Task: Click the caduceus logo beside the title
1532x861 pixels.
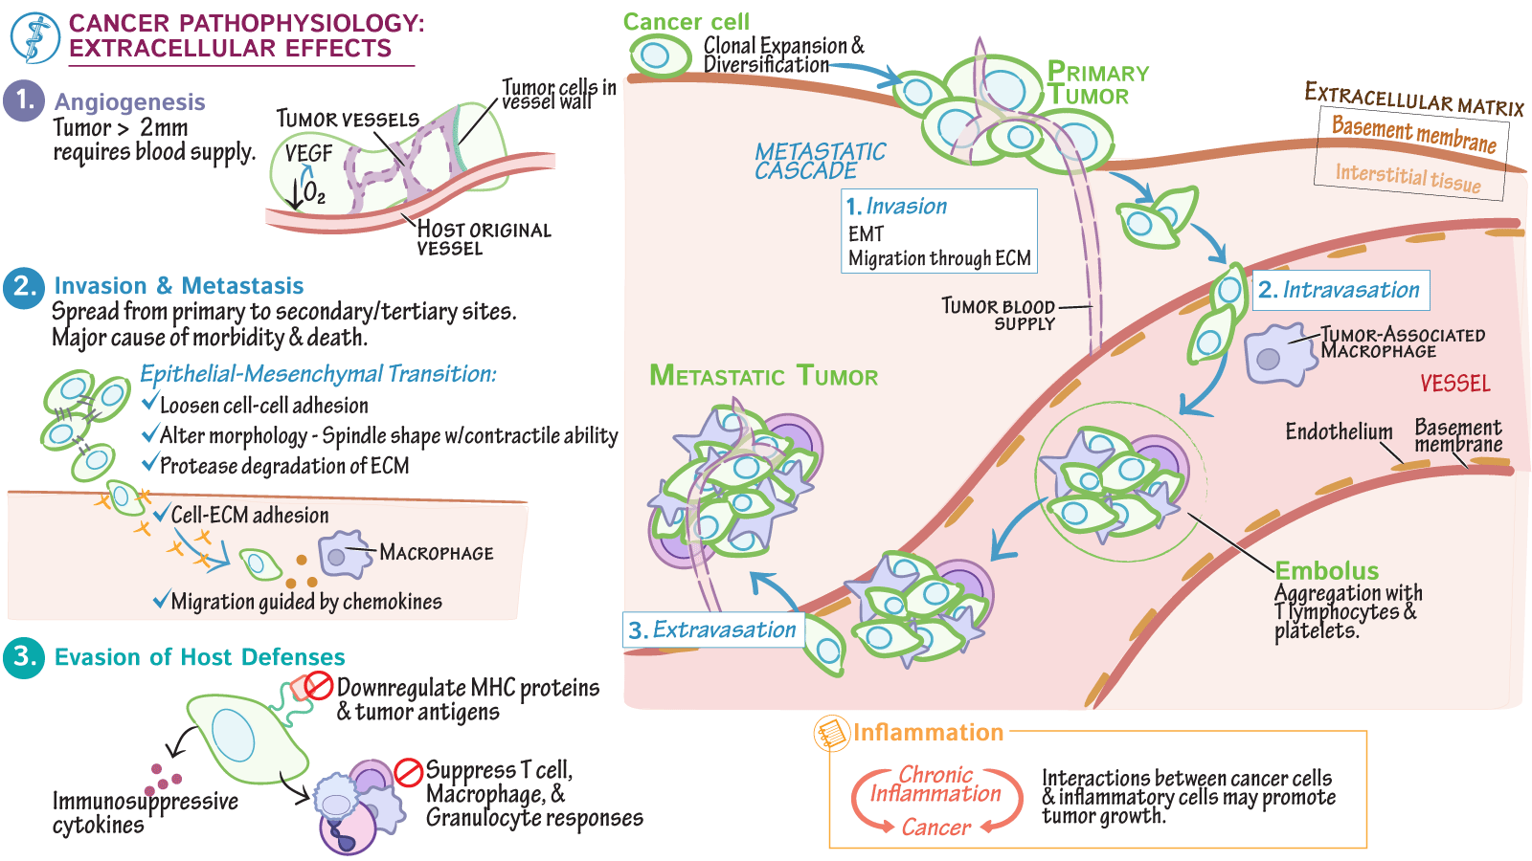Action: point(34,37)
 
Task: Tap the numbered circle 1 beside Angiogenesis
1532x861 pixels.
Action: point(24,100)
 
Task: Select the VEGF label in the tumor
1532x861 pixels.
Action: point(308,154)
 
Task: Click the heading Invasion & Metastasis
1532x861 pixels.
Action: point(179,286)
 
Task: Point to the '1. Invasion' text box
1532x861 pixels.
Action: point(938,231)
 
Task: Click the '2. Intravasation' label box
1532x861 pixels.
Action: point(1340,290)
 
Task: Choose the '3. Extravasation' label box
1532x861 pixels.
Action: point(712,629)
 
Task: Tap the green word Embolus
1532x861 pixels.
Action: point(1326,571)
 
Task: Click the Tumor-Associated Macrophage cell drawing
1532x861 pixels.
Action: point(1277,355)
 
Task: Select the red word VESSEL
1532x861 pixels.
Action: point(1454,384)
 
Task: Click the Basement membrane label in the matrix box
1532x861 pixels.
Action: point(1413,134)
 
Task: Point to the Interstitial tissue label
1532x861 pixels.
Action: point(1408,178)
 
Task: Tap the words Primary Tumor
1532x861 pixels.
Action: point(1096,84)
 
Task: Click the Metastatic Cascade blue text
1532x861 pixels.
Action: point(819,161)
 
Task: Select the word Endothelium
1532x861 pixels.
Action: point(1338,431)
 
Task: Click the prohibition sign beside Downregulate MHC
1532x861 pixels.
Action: point(319,685)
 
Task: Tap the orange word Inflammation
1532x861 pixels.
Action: point(928,733)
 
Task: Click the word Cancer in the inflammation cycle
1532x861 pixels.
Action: point(935,828)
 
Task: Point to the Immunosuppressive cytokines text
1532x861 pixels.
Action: point(144,812)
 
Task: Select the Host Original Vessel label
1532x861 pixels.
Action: point(483,238)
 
